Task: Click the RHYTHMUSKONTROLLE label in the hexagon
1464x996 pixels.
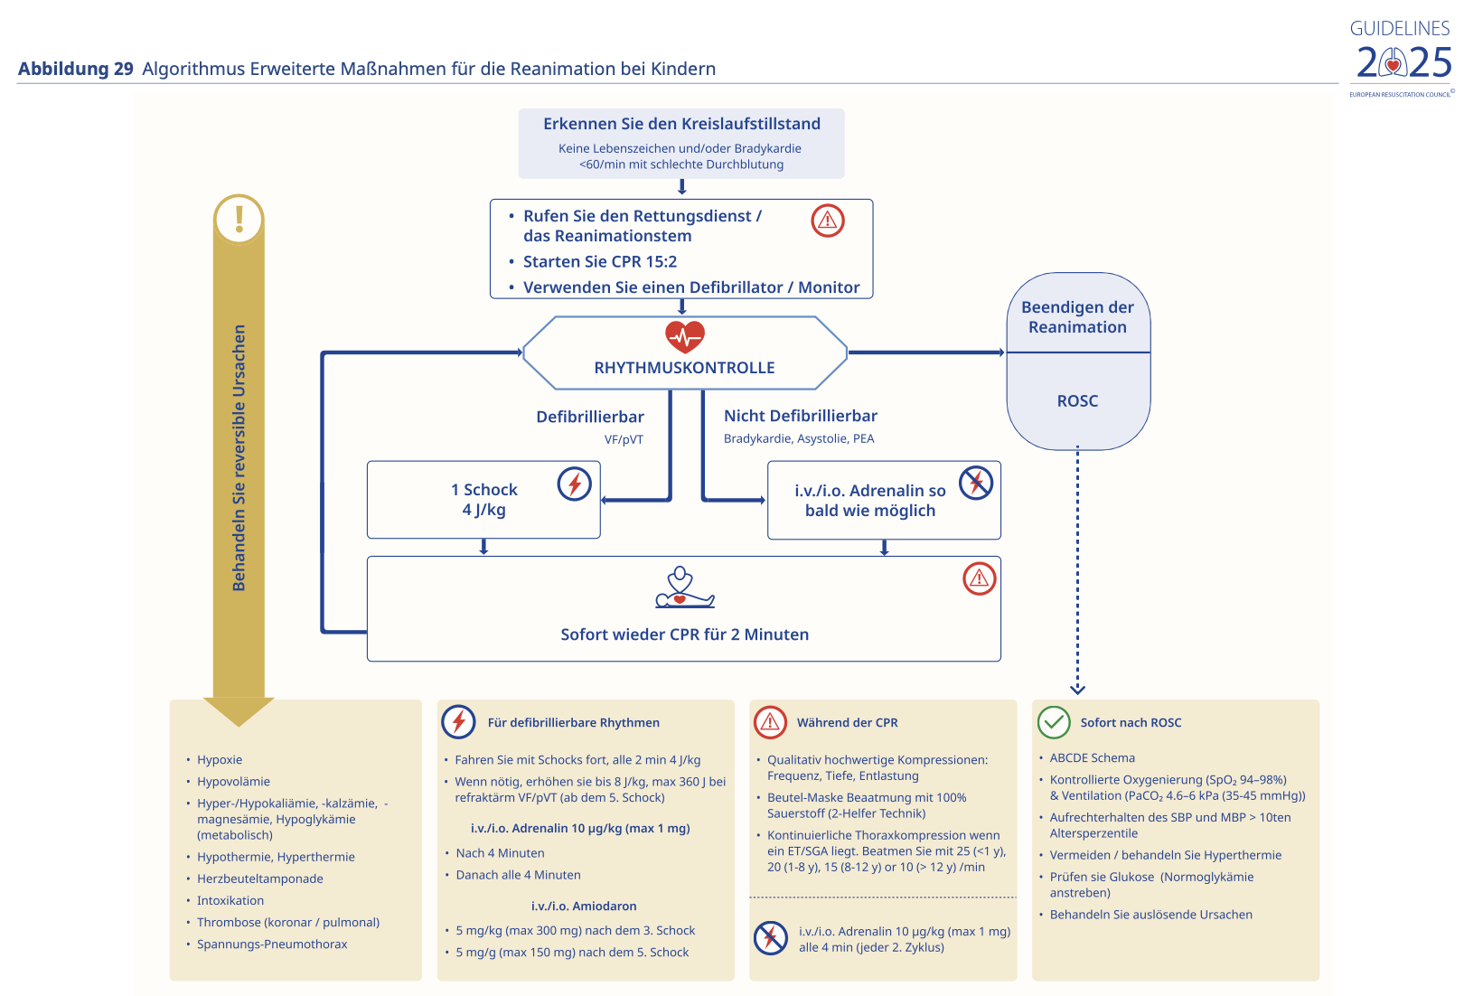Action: coord(684,368)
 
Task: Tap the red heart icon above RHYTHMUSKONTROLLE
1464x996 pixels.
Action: coord(684,337)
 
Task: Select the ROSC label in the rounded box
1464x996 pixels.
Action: coord(1077,401)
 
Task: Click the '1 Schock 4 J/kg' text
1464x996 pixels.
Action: coord(484,500)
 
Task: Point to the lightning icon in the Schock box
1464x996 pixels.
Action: coord(574,484)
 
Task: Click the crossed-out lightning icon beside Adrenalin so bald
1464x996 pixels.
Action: coord(976,482)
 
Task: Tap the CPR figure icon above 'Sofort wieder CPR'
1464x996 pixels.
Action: coord(684,588)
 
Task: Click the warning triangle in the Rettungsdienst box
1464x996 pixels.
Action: coord(827,221)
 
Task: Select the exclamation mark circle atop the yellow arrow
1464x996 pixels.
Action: coord(239,219)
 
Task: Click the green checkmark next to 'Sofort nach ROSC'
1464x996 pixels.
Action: coord(1054,722)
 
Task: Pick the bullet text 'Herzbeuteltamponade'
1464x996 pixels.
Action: coord(260,879)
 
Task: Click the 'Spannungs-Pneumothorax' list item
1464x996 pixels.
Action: coord(272,944)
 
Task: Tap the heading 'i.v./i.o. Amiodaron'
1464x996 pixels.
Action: coord(584,906)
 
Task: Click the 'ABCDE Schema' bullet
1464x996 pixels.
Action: coord(1092,757)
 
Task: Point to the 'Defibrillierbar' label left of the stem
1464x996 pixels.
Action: coord(589,417)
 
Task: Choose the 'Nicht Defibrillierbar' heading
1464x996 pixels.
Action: coord(800,416)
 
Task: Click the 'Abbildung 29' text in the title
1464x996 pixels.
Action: coord(76,69)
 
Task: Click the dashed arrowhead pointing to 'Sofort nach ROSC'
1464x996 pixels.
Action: coord(1077,690)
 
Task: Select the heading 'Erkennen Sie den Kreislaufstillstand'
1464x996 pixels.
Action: coord(681,124)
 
